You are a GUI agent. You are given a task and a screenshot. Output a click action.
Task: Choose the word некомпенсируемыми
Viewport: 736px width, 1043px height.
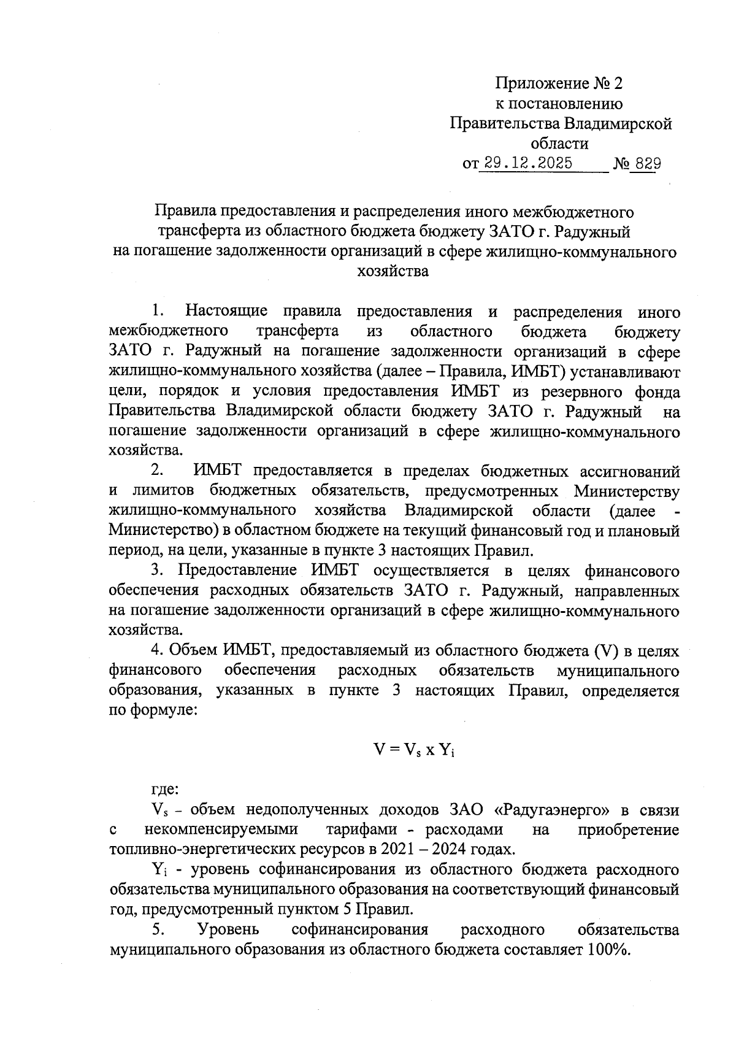tap(221, 829)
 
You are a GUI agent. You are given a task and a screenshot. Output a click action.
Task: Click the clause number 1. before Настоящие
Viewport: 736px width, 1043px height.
tap(158, 312)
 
